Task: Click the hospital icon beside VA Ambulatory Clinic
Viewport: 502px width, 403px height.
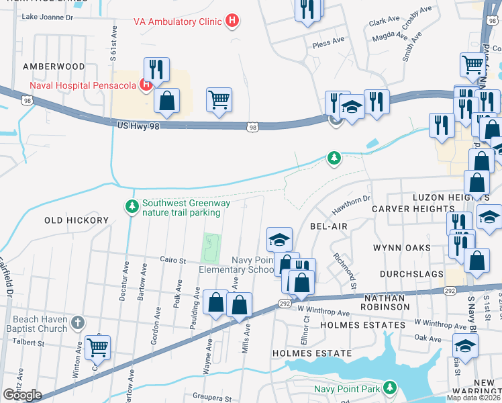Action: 232,21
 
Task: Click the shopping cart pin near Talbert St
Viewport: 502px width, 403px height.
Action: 98,347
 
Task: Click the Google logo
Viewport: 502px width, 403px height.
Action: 22,394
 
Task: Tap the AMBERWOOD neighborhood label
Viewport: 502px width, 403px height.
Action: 54,66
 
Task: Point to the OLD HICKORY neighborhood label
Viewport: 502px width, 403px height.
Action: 77,220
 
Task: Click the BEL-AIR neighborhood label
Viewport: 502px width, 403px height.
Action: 329,226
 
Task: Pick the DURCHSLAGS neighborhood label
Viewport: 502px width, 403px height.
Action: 410,275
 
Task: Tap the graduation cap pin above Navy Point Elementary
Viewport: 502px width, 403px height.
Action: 280,238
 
